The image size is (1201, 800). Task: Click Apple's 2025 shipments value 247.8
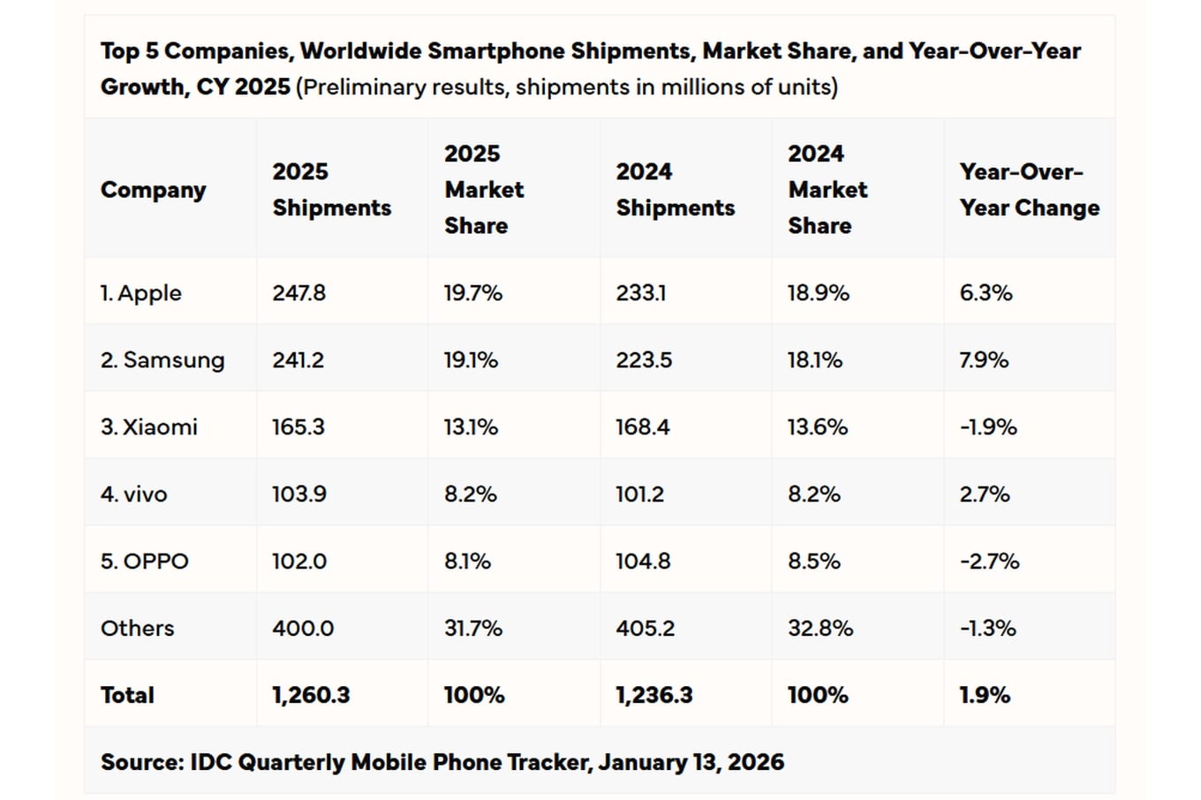tap(298, 293)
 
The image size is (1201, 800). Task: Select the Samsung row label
tap(162, 360)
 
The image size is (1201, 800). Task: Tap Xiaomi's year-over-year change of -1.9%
tap(987, 427)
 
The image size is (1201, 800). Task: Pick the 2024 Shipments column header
tap(675, 190)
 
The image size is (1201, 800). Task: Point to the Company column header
tap(153, 190)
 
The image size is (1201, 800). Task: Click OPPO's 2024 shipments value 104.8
tap(642, 562)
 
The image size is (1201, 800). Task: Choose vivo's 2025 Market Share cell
tap(470, 494)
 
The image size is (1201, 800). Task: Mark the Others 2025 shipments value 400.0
tap(302, 629)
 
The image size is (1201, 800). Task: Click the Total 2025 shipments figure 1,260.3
tap(310, 696)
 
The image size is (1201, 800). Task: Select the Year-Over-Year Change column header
tap(1029, 190)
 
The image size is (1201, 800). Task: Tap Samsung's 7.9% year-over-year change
tap(984, 360)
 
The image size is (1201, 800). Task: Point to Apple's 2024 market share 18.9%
tap(818, 293)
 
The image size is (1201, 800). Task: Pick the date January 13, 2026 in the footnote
tap(691, 762)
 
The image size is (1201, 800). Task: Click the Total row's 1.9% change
tap(984, 696)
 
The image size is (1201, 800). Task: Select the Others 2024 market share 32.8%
tap(820, 629)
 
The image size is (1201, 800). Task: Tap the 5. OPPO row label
tap(144, 562)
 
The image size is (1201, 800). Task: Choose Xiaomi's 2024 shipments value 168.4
tap(642, 427)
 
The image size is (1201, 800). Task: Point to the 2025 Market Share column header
tap(483, 190)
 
